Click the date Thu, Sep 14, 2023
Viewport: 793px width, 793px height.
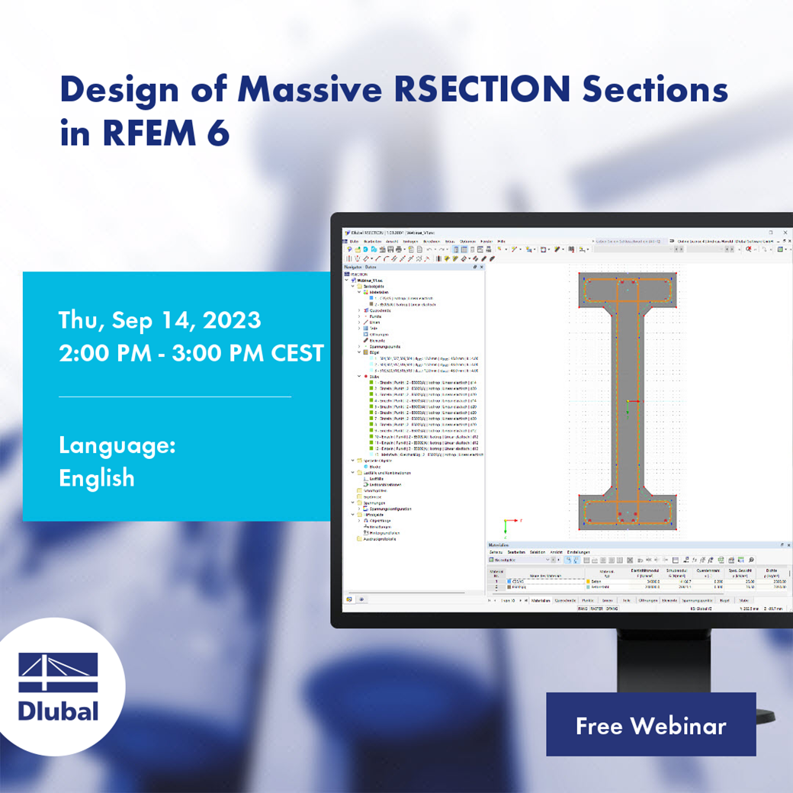click(x=160, y=320)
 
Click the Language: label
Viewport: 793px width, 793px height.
click(x=117, y=445)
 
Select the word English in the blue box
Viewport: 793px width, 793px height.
click(x=97, y=478)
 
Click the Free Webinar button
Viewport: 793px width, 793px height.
click(x=650, y=725)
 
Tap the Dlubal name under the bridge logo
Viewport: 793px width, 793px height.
click(x=58, y=711)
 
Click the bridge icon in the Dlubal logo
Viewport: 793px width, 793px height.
click(x=59, y=673)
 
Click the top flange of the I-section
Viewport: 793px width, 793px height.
click(x=627, y=289)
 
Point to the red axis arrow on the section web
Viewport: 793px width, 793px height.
click(x=634, y=402)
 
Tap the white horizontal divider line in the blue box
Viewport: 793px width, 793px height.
click(x=175, y=396)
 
